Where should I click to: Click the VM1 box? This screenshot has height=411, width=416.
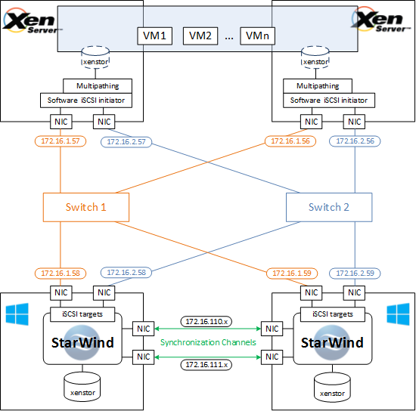154,36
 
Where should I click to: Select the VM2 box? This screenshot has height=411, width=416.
200,36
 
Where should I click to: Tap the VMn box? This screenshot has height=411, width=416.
257,36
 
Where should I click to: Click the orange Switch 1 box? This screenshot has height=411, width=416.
86,207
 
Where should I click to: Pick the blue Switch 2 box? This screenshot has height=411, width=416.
329,207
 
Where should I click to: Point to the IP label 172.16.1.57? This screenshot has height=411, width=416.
61,141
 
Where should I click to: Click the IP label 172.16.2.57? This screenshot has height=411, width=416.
126,142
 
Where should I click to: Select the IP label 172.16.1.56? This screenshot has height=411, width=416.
290,141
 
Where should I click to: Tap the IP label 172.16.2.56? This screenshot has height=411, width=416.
355,141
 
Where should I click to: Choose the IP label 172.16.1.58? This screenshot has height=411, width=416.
61,273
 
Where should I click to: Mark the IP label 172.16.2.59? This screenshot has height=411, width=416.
355,273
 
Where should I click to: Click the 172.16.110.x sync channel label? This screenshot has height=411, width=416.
206,322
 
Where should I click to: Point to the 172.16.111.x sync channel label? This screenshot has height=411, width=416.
206,365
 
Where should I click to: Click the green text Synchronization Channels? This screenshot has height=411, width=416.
208,343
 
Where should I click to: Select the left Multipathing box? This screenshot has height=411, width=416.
98,86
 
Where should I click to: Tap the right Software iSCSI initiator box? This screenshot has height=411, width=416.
329,100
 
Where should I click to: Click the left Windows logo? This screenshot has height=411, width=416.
17,314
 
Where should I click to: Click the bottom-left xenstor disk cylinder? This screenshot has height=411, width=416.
82,388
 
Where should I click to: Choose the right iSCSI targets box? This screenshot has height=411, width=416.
333,314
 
